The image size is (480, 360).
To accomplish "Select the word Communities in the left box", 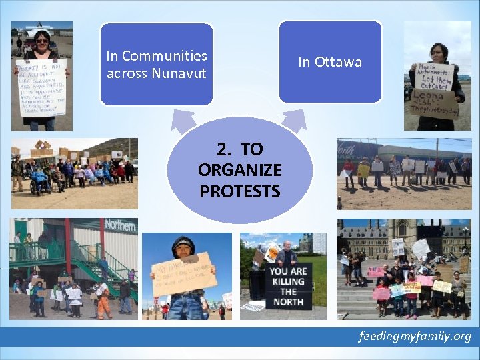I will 165,56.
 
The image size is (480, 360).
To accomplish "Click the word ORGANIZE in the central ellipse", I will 239,170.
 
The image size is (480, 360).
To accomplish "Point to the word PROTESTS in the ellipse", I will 239,191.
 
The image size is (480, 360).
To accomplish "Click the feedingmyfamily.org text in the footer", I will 414,335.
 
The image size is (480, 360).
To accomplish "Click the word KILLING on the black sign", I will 288,281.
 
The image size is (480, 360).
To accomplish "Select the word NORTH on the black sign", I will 288,302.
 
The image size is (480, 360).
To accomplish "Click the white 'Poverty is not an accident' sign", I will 41,87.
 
